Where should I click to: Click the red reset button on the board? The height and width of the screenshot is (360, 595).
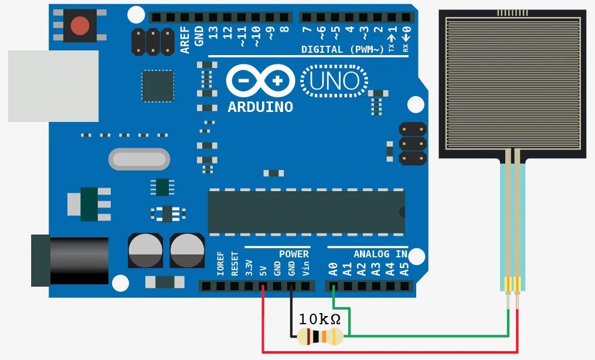[80, 26]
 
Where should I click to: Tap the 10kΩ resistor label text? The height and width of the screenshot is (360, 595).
[319, 320]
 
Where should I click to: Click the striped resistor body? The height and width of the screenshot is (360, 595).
[319, 337]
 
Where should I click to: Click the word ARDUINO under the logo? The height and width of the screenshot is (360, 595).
[260, 107]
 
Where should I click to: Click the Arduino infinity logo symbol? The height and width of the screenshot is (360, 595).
[261, 81]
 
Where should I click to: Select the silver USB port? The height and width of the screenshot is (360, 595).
[53, 86]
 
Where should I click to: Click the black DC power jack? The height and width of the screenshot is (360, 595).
[70, 260]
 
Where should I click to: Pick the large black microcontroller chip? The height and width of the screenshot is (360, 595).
[306, 212]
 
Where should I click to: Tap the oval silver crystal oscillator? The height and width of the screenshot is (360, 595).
[139, 158]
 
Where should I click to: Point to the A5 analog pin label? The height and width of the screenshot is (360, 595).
[404, 269]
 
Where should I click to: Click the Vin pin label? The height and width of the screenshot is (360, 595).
[305, 269]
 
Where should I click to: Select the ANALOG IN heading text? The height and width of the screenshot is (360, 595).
[380, 254]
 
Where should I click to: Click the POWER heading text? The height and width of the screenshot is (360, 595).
[293, 254]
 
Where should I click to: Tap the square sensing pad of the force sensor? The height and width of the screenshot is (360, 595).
[512, 82]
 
